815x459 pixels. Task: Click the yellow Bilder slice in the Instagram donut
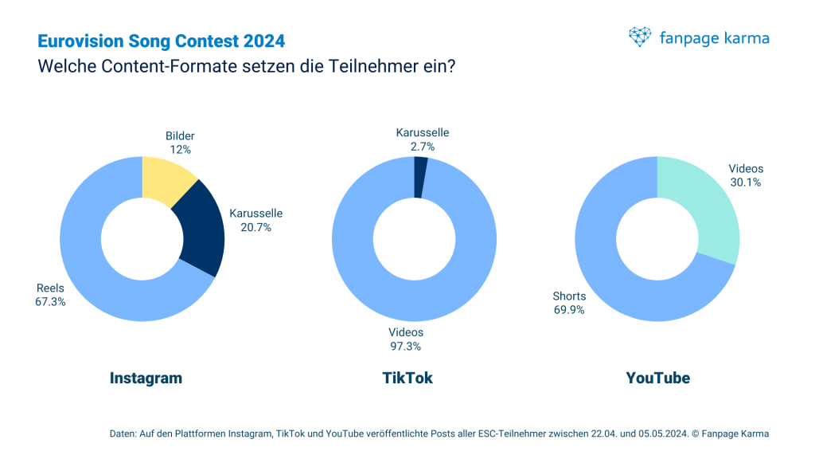click(166, 178)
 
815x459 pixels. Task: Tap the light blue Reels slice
click(96, 263)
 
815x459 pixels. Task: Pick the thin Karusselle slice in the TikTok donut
click(419, 176)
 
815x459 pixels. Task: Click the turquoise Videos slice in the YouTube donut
click(708, 207)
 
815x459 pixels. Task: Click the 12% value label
click(180, 149)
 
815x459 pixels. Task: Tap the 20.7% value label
click(256, 227)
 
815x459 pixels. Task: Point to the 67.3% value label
click(51, 302)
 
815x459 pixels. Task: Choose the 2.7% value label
click(423, 146)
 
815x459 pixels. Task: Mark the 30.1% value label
click(746, 182)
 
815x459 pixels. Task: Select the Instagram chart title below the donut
click(146, 379)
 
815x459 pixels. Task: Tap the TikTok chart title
click(407, 379)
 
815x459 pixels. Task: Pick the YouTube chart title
click(657, 379)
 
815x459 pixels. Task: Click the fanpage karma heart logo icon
click(640, 37)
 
